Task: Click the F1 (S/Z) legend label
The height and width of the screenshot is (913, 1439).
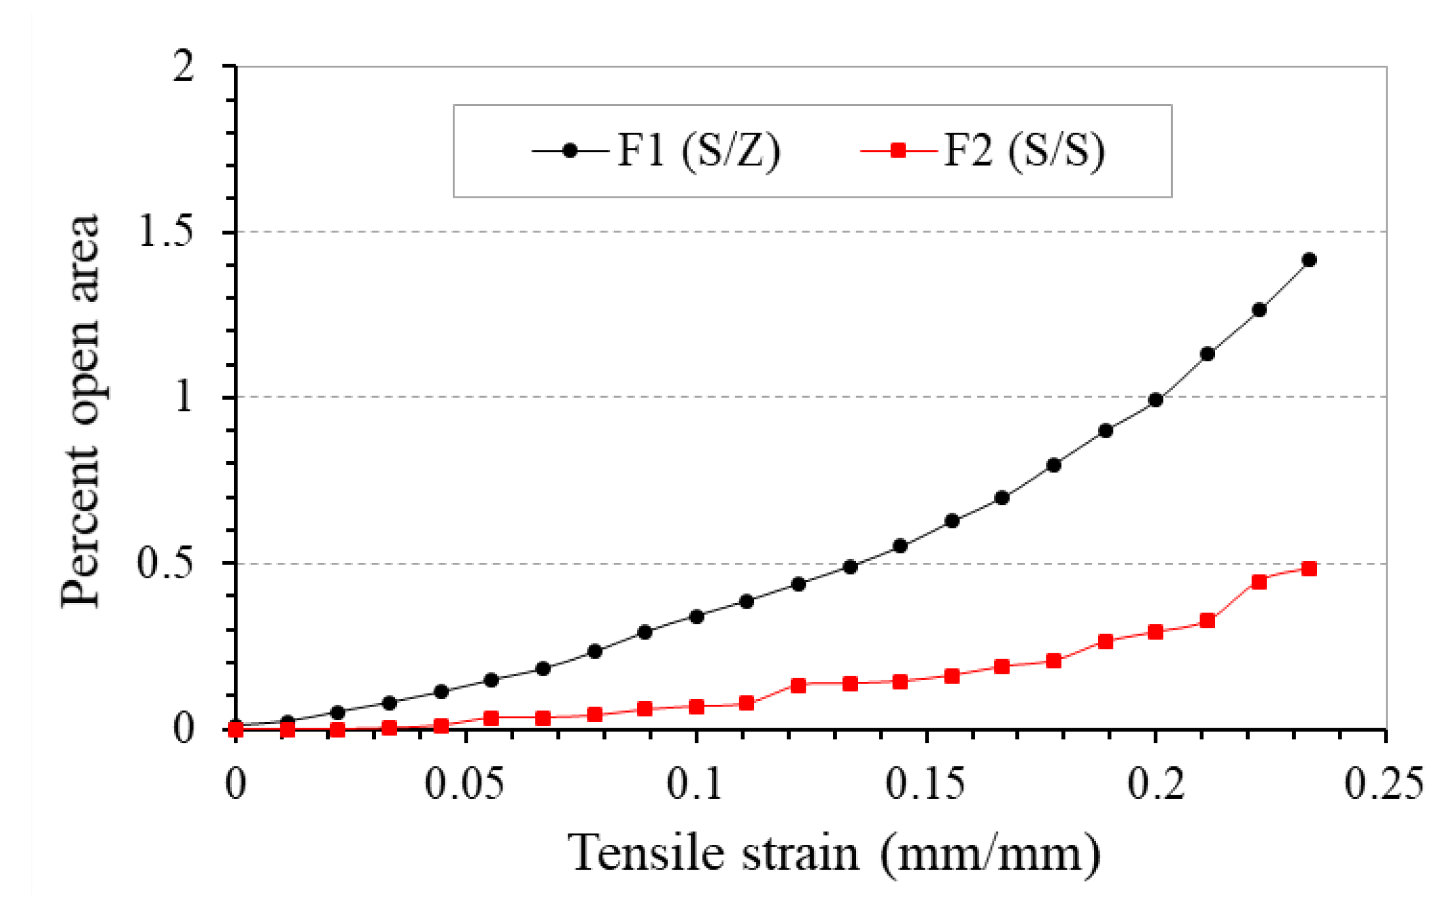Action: click(x=698, y=151)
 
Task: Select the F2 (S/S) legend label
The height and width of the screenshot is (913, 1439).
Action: click(x=1024, y=151)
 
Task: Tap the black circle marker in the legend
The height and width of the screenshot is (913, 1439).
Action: click(x=570, y=151)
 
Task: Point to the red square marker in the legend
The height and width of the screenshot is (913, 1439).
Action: click(x=898, y=151)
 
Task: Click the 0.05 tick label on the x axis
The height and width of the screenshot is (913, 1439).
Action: click(x=464, y=783)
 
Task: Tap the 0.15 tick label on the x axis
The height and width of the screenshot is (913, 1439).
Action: click(x=925, y=783)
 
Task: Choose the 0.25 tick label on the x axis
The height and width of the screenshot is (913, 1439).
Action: click(x=1384, y=783)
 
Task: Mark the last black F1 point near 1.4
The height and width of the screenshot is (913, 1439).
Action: click(x=1309, y=260)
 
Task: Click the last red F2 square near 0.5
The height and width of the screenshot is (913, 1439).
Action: click(x=1309, y=568)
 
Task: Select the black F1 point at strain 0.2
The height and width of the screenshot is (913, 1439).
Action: click(x=1156, y=400)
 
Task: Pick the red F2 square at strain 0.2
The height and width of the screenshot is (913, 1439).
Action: click(x=1156, y=632)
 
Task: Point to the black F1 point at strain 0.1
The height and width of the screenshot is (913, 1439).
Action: click(x=697, y=617)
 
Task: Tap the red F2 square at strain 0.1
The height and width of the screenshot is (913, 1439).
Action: click(x=697, y=707)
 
